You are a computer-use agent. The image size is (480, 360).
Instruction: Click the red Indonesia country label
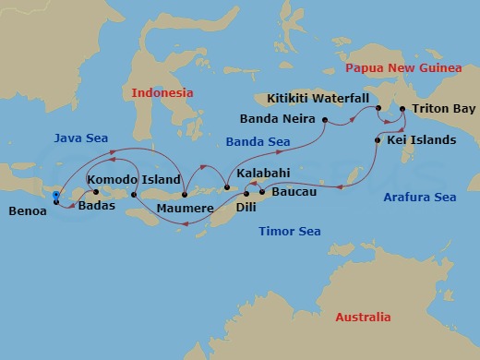pos(162,93)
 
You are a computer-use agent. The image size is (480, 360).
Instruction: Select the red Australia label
pos(363,317)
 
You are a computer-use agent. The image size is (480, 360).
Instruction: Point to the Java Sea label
pos(80,138)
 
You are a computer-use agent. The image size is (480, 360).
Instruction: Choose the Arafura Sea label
pos(419,198)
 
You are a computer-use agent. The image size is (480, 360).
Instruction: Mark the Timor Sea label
pos(289,232)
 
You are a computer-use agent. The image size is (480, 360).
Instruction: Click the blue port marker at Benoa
pos(57,196)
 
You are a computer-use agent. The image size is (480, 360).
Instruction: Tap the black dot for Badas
pos(95,193)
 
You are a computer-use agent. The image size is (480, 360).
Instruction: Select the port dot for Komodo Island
pos(134,195)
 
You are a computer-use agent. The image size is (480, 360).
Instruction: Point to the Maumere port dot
pos(186,194)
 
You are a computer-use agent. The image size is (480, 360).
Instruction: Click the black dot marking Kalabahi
pos(227,188)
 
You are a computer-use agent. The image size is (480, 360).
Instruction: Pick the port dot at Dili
pos(246,194)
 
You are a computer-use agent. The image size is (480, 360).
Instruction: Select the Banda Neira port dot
pos(326,119)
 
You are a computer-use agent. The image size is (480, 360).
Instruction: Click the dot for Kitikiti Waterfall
pos(378,109)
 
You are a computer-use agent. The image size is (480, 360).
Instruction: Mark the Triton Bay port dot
pos(402,109)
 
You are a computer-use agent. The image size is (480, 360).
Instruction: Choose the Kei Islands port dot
pos(378,140)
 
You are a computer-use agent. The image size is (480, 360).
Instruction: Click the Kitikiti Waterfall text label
pos(318,98)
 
